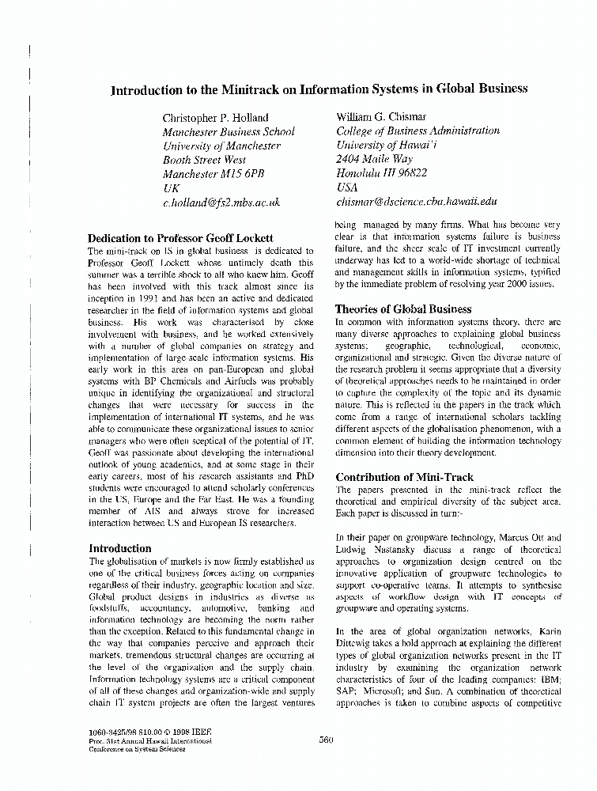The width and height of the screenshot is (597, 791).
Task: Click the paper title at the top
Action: point(319,89)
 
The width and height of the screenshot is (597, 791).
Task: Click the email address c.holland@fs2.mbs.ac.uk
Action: point(221,202)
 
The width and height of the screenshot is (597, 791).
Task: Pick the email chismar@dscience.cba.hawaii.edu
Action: point(416,202)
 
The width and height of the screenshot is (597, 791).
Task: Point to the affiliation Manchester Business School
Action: point(229,132)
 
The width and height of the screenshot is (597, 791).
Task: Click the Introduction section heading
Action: point(119,548)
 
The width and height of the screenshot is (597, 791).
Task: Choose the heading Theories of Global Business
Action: point(403,309)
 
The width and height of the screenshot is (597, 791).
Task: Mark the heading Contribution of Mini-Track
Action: point(404,477)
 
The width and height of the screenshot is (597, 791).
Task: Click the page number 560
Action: point(326,740)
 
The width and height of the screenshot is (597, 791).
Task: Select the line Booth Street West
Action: point(203,160)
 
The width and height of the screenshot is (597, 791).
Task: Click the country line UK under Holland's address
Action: point(171,188)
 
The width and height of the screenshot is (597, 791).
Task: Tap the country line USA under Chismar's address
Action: point(347,188)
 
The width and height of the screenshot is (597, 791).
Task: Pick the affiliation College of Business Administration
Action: point(418,131)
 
